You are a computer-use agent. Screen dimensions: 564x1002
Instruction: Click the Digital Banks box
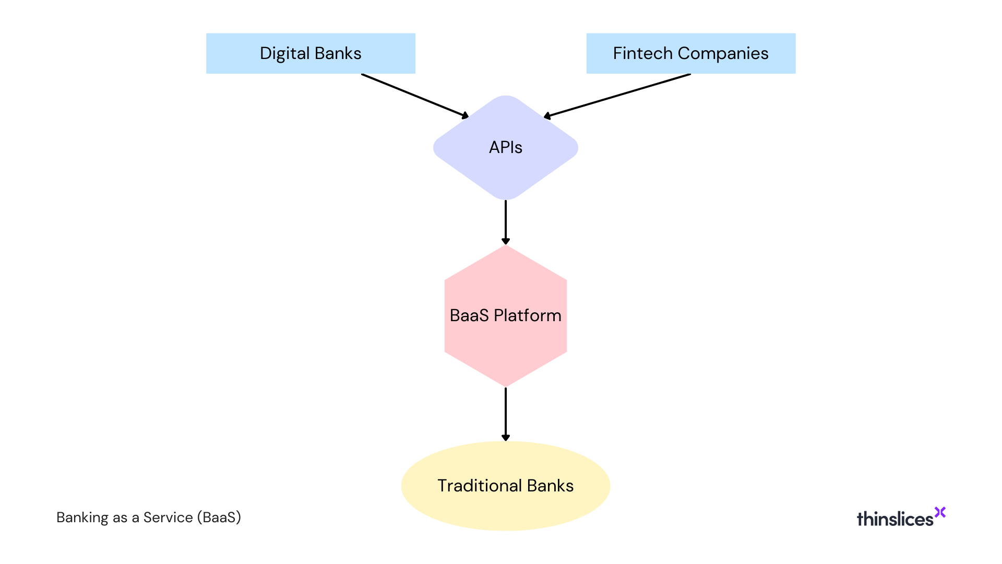(x=311, y=53)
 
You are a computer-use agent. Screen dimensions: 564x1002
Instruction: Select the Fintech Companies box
(x=690, y=53)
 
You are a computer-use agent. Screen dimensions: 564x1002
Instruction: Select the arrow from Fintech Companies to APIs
(x=617, y=96)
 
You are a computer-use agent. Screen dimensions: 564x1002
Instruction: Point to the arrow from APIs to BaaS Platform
(x=505, y=222)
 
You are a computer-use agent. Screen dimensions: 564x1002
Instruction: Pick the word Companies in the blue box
(x=723, y=53)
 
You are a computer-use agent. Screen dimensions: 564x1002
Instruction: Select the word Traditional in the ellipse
(x=480, y=486)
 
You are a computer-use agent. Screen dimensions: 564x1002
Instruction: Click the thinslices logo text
(x=894, y=519)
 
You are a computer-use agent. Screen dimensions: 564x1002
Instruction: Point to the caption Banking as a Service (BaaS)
(x=149, y=518)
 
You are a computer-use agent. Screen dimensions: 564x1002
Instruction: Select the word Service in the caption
(x=168, y=518)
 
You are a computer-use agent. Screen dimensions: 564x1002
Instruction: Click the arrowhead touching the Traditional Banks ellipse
(x=505, y=438)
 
